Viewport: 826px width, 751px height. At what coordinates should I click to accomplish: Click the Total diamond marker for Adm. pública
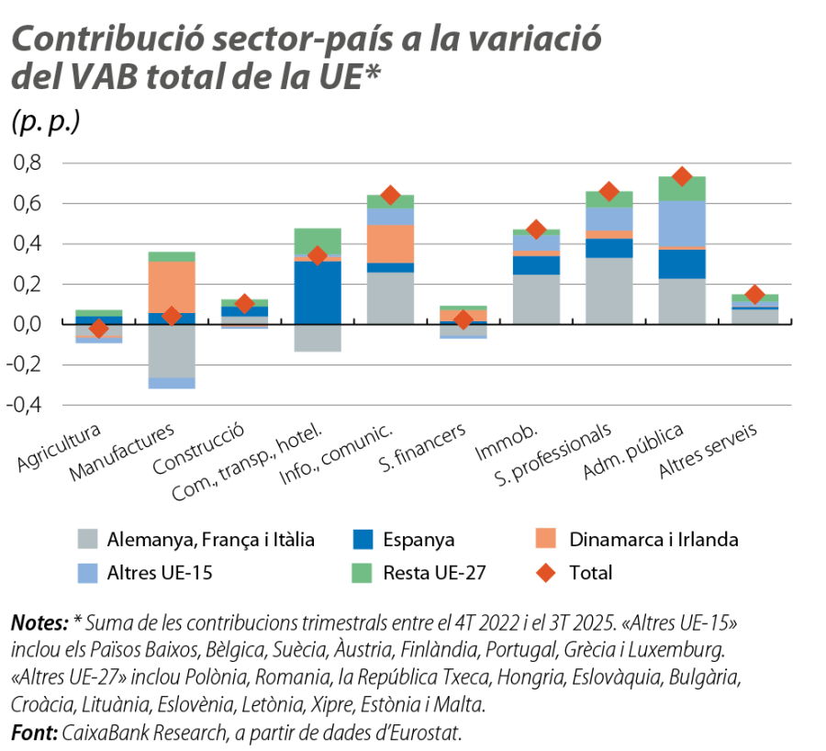click(681, 175)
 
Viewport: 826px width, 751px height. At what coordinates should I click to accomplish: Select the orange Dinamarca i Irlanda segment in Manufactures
click(172, 287)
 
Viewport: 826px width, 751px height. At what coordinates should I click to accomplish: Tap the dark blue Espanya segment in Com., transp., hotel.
click(317, 292)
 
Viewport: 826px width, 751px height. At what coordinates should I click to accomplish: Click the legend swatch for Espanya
click(363, 539)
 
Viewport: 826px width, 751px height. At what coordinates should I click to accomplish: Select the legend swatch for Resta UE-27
click(363, 573)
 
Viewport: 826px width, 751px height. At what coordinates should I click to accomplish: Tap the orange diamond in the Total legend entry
click(547, 573)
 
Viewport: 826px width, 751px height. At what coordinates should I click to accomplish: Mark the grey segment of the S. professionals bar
click(608, 290)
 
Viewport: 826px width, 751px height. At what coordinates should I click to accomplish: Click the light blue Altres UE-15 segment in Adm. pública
click(682, 223)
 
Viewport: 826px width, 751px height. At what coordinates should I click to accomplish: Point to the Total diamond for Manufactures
click(172, 316)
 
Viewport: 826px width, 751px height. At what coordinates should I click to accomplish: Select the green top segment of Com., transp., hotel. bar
click(317, 241)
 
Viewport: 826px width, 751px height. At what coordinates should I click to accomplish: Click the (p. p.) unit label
click(46, 122)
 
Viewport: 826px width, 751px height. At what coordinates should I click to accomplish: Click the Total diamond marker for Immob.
click(536, 229)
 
